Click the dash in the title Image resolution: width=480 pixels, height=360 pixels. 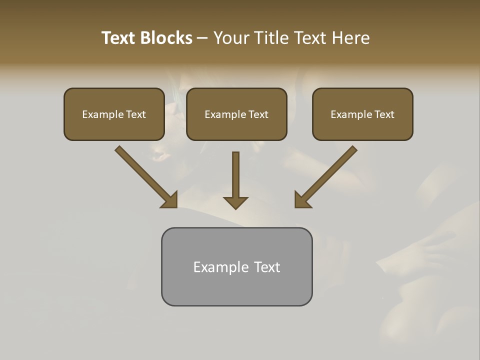pos(203,38)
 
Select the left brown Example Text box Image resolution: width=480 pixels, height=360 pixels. pos(114,114)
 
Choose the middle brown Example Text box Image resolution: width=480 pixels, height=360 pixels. pos(236,114)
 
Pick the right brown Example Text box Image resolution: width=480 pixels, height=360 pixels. pos(362,114)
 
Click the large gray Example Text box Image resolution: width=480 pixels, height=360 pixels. pos(236,266)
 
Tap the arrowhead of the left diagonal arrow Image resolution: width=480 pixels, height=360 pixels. pos(169,200)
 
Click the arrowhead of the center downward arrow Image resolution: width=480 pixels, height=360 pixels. pos(235,202)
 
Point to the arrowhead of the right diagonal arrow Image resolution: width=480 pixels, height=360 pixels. pos(302,200)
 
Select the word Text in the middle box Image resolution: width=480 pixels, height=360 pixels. pos(258,114)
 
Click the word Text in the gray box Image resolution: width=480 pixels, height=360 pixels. pos(267,267)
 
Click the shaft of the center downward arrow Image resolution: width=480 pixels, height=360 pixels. pos(235,172)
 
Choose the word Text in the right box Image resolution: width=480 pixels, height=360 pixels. pos(384,114)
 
